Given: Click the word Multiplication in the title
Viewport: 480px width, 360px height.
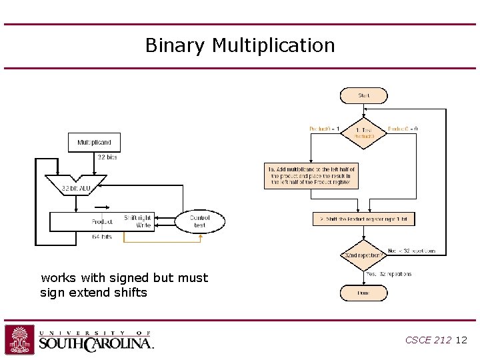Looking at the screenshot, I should click(x=273, y=46).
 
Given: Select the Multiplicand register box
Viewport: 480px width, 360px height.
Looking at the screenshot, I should click(x=94, y=143).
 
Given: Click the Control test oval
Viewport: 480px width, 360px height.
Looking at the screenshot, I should click(x=199, y=221).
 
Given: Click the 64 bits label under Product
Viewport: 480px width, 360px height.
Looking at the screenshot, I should click(x=102, y=237).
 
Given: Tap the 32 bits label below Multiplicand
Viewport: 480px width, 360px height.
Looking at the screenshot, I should click(x=107, y=157).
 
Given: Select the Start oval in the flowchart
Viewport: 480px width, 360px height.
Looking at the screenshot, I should click(x=363, y=95).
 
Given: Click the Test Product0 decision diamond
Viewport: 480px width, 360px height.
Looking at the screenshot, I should click(x=363, y=132).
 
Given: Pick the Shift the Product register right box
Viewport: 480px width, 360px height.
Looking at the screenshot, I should click(x=363, y=219).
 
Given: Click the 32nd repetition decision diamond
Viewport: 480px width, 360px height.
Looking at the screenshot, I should click(x=363, y=255).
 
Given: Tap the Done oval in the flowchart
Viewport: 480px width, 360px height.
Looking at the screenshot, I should click(x=363, y=292).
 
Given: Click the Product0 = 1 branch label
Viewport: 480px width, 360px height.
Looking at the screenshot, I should click(x=325, y=128).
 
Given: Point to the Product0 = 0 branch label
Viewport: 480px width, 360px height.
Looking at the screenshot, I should click(x=403, y=128).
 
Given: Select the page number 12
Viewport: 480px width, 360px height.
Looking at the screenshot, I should click(x=461, y=340).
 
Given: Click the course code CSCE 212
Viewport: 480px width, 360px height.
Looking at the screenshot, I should click(x=428, y=340).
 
